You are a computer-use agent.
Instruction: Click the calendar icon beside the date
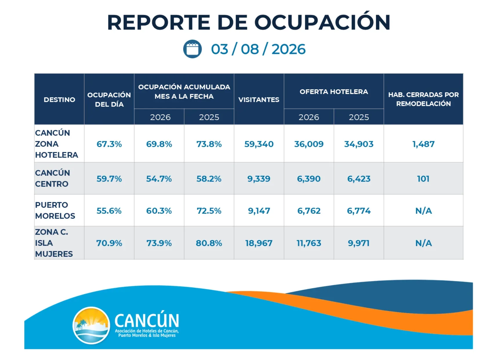(192, 49)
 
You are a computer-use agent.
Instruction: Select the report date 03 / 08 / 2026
(258, 49)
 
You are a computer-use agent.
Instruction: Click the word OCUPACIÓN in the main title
(322, 22)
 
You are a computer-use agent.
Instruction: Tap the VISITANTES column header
(259, 100)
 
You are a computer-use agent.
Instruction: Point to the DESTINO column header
(59, 100)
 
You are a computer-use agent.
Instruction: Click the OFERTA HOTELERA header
(334, 92)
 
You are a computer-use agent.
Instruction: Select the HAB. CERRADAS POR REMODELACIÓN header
(423, 99)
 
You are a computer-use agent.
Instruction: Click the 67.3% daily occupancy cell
(109, 144)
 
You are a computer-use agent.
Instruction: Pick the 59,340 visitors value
(259, 144)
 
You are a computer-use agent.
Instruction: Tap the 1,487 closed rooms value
(423, 144)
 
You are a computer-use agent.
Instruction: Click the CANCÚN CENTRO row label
(52, 178)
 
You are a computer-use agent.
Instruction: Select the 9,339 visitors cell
(259, 179)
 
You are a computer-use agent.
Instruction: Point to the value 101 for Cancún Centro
(423, 179)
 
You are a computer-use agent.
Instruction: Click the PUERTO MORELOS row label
(55, 210)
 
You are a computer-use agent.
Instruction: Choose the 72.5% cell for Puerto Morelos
(209, 211)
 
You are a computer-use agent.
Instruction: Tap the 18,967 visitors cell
(259, 243)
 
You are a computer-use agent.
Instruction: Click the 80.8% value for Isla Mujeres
(209, 243)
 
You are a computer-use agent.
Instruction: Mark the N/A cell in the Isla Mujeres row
(423, 243)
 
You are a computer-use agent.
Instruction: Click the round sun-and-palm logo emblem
(91, 325)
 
